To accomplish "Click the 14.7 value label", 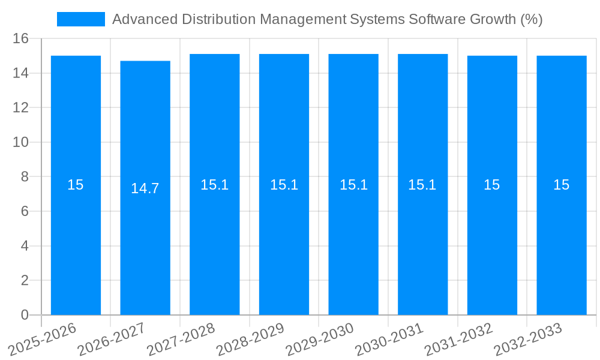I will tap(145, 188).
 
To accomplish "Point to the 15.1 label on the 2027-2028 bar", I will tap(214, 185).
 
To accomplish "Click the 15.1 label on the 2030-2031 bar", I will tap(422, 185).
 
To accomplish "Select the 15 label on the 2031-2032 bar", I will tap(492, 185).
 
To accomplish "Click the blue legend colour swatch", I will tap(81, 19).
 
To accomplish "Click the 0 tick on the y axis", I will tap(25, 315).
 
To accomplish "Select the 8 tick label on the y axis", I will tap(25, 177).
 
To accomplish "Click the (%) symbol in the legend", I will tap(532, 19).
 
